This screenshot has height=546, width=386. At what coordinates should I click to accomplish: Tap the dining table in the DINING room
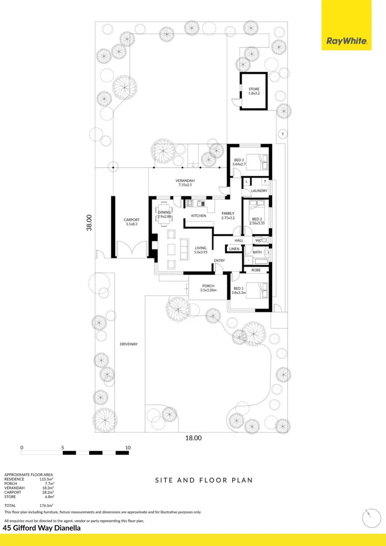164,212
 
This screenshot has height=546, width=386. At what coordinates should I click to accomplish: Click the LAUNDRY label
259,191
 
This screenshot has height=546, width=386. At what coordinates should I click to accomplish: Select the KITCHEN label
198,216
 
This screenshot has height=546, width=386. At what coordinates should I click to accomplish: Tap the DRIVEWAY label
128,344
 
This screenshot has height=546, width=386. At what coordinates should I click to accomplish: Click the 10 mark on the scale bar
127,447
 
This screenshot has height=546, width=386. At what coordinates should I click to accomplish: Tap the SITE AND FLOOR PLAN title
203,480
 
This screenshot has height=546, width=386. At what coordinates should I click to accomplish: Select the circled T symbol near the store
283,134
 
